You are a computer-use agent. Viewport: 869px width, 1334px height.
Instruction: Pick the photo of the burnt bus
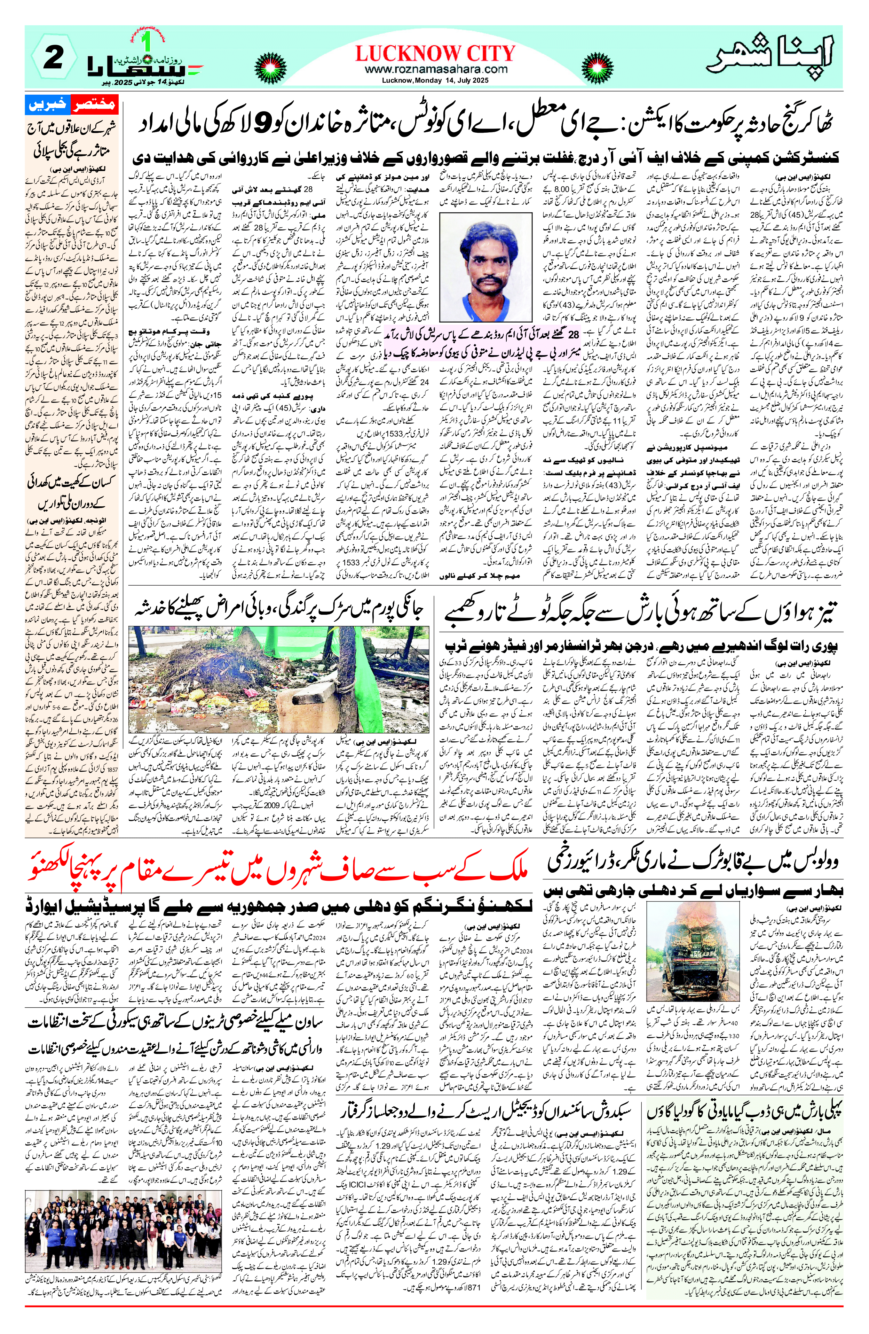click(x=696, y=954)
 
